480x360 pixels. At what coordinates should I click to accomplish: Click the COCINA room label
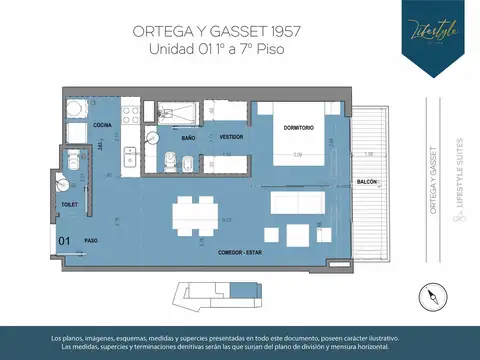103,125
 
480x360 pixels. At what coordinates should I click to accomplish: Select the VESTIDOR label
232,135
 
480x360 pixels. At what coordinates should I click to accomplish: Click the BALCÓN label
366,183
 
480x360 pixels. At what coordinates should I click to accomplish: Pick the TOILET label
69,203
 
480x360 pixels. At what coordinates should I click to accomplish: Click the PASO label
91,240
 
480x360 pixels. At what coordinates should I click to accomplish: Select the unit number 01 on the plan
64,240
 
